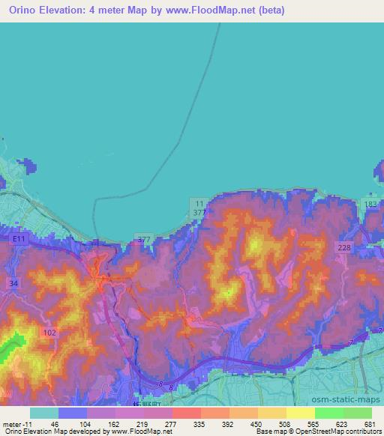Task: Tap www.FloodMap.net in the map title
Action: [x=210, y=9]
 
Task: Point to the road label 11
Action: [x=198, y=203]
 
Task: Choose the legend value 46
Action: [x=55, y=423]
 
